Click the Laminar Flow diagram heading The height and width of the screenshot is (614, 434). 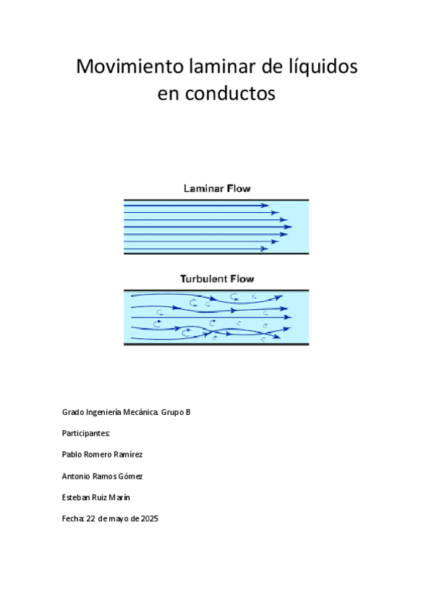click(217, 188)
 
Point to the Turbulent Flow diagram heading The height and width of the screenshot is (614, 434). click(217, 278)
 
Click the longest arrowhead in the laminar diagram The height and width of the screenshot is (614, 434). click(288, 227)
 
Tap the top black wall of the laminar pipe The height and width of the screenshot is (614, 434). click(217, 200)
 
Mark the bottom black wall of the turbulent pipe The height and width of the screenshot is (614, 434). click(217, 344)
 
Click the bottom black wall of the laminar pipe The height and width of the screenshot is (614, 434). click(217, 253)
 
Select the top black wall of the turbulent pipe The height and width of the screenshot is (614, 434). click(217, 290)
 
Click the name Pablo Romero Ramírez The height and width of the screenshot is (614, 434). click(102, 455)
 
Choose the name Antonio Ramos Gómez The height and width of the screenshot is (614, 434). click(102, 476)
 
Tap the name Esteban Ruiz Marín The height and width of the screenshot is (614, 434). click(96, 497)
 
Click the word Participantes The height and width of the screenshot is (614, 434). click(86, 434)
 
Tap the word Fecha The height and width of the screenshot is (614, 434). click(73, 518)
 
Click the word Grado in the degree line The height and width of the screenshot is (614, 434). click(72, 412)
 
